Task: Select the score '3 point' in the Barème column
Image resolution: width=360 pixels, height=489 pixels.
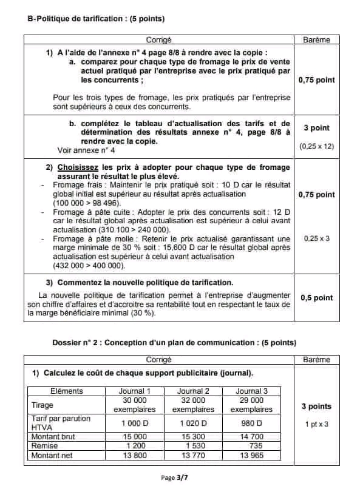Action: pyautogui.click(x=316, y=128)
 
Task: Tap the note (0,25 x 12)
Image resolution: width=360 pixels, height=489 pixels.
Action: pyautogui.click(x=316, y=147)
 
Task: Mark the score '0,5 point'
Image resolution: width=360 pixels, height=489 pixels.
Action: pyautogui.click(x=317, y=297)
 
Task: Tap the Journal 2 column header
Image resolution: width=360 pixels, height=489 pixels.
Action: pyautogui.click(x=193, y=391)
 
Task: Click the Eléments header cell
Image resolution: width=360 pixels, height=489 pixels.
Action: pyautogui.click(x=67, y=391)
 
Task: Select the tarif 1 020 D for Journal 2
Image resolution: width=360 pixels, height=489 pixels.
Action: pyautogui.click(x=193, y=423)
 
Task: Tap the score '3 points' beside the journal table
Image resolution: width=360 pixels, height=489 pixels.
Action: pyautogui.click(x=316, y=406)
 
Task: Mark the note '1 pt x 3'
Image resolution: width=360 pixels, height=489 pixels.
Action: pyautogui.click(x=316, y=424)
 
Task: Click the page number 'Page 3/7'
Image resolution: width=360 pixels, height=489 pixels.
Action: pyautogui.click(x=180, y=478)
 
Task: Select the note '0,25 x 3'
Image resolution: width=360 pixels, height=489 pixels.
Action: pyautogui.click(x=316, y=238)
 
